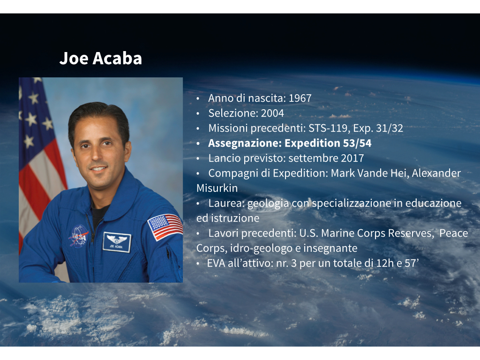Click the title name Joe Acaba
pyautogui.click(x=101, y=58)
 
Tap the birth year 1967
pyautogui.click(x=300, y=98)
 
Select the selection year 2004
pyautogui.click(x=272, y=113)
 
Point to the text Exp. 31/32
pyautogui.click(x=378, y=128)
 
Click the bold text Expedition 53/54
pyautogui.click(x=328, y=143)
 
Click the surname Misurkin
pyautogui.click(x=217, y=188)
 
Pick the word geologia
pyautogui.click(x=268, y=203)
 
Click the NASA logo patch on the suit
pyautogui.click(x=79, y=236)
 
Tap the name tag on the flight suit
pyautogui.click(x=117, y=242)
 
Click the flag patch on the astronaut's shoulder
pyautogui.click(x=165, y=227)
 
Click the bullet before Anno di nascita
pyautogui.click(x=198, y=98)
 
